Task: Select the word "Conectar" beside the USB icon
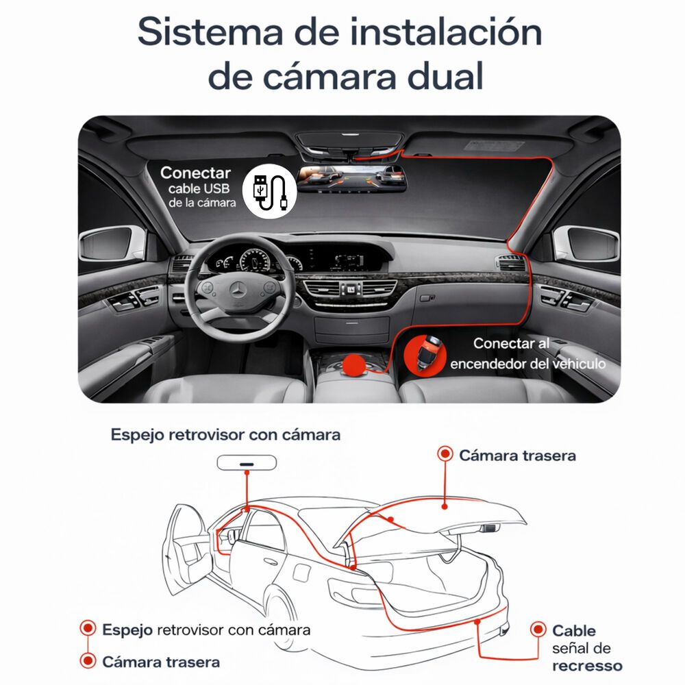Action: [x=195, y=173]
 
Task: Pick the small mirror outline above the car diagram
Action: [x=247, y=463]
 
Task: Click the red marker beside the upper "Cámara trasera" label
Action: [x=445, y=453]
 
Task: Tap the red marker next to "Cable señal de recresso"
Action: [x=539, y=629]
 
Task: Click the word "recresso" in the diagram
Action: [x=587, y=665]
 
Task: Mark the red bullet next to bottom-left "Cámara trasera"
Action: [x=88, y=661]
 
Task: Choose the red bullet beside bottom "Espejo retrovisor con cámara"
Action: [x=88, y=628]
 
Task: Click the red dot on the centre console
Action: [x=355, y=364]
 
